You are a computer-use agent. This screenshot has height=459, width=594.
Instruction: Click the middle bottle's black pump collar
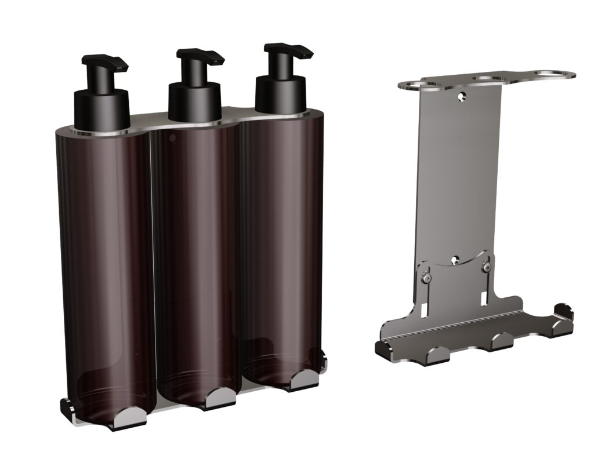tap(195, 102)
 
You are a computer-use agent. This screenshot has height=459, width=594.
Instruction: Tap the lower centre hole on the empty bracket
tap(456, 259)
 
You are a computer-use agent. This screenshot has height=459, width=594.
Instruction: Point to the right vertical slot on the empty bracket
tap(484, 297)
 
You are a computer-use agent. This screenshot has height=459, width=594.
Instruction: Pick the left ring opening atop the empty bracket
tap(419, 85)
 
